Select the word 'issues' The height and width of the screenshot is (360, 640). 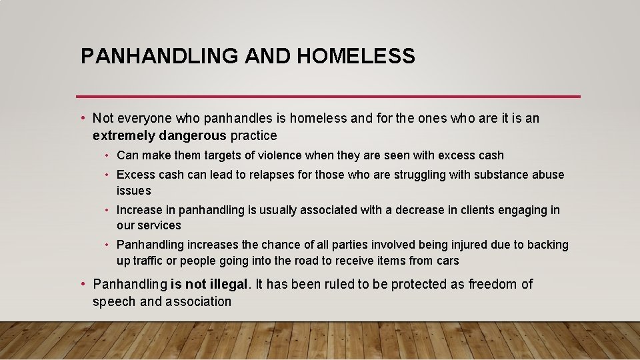coord(133,191)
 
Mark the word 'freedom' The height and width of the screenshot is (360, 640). coord(492,285)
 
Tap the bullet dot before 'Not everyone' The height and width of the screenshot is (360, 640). coord(82,119)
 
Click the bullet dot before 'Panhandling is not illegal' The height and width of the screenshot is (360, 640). coord(82,285)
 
